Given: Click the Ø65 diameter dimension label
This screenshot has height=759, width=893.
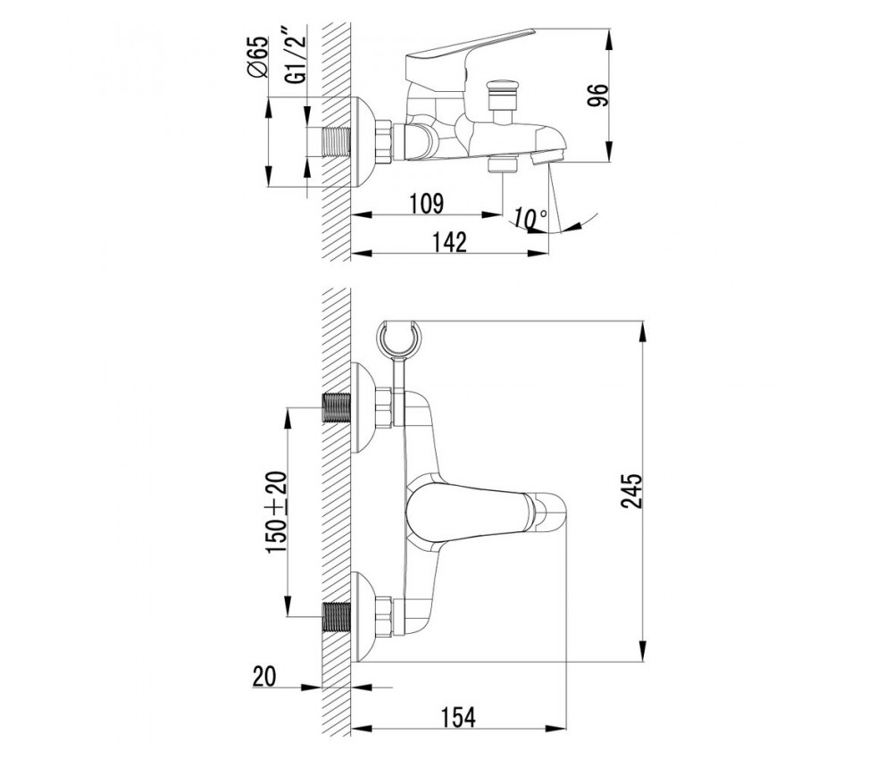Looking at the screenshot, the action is coord(257,56).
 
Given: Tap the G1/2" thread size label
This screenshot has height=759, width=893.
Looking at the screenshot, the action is coord(296,60).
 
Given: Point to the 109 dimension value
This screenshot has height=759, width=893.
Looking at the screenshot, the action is coord(426,204).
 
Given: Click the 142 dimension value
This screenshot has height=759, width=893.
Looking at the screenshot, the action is coord(449,241).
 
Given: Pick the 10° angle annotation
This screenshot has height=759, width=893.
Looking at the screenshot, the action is coord(530,218).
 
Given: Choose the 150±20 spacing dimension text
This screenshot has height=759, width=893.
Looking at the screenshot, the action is coord(277,512).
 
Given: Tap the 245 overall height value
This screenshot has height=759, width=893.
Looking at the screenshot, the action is coord(631,490).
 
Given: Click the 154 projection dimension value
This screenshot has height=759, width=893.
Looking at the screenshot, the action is coord(458,717).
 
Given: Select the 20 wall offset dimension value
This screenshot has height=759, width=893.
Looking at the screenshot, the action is coord(263,677).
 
